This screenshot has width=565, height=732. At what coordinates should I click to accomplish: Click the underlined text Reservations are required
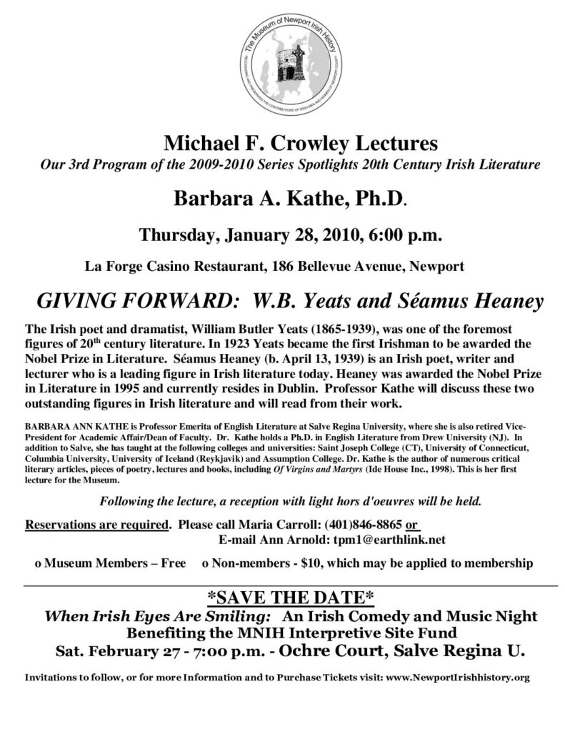tap(97, 524)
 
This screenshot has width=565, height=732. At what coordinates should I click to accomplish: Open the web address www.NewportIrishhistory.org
tap(457, 676)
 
